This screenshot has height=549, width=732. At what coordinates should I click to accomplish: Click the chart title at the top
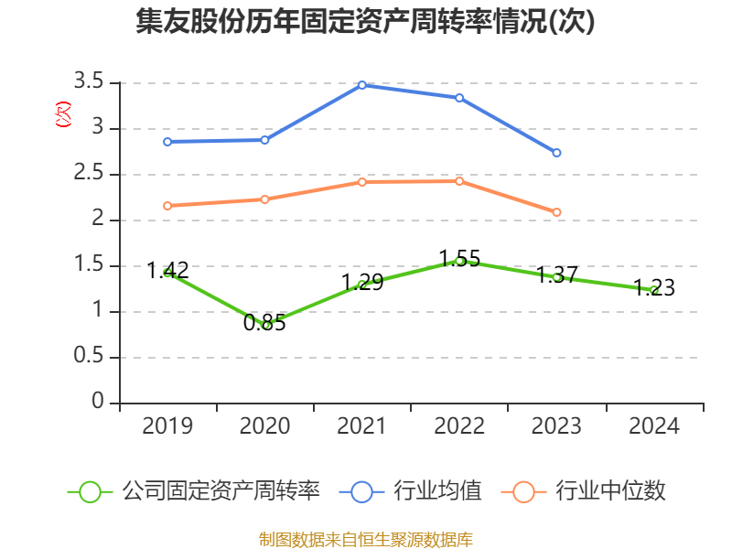tap(366, 21)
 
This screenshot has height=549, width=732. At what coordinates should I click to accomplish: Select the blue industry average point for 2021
tap(362, 85)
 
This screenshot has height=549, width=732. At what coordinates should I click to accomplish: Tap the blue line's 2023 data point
tap(556, 153)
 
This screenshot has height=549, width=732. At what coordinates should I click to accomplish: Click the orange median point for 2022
tap(459, 181)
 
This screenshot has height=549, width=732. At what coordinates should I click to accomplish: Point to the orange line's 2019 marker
tap(167, 206)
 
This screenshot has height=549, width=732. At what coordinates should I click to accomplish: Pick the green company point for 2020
tap(265, 325)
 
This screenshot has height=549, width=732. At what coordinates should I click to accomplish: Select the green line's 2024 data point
tap(653, 290)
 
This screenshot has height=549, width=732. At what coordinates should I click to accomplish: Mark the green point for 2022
tap(459, 262)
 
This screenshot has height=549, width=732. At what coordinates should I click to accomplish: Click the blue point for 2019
tap(167, 142)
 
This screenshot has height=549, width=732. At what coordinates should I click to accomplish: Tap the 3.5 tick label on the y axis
tap(90, 83)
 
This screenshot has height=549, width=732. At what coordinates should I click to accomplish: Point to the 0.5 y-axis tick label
tap(90, 358)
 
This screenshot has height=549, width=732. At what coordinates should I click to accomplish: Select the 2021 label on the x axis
tap(362, 426)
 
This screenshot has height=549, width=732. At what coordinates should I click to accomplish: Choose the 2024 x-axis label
tap(653, 426)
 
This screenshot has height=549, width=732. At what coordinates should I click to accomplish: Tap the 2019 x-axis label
tap(167, 426)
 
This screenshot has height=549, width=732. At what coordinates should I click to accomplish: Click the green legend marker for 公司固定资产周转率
tap(90, 491)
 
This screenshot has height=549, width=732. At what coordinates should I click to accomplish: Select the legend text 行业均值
tap(437, 491)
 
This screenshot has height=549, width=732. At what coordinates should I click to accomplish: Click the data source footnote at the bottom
tap(366, 539)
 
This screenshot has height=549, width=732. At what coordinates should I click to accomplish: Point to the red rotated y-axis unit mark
tap(63, 114)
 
